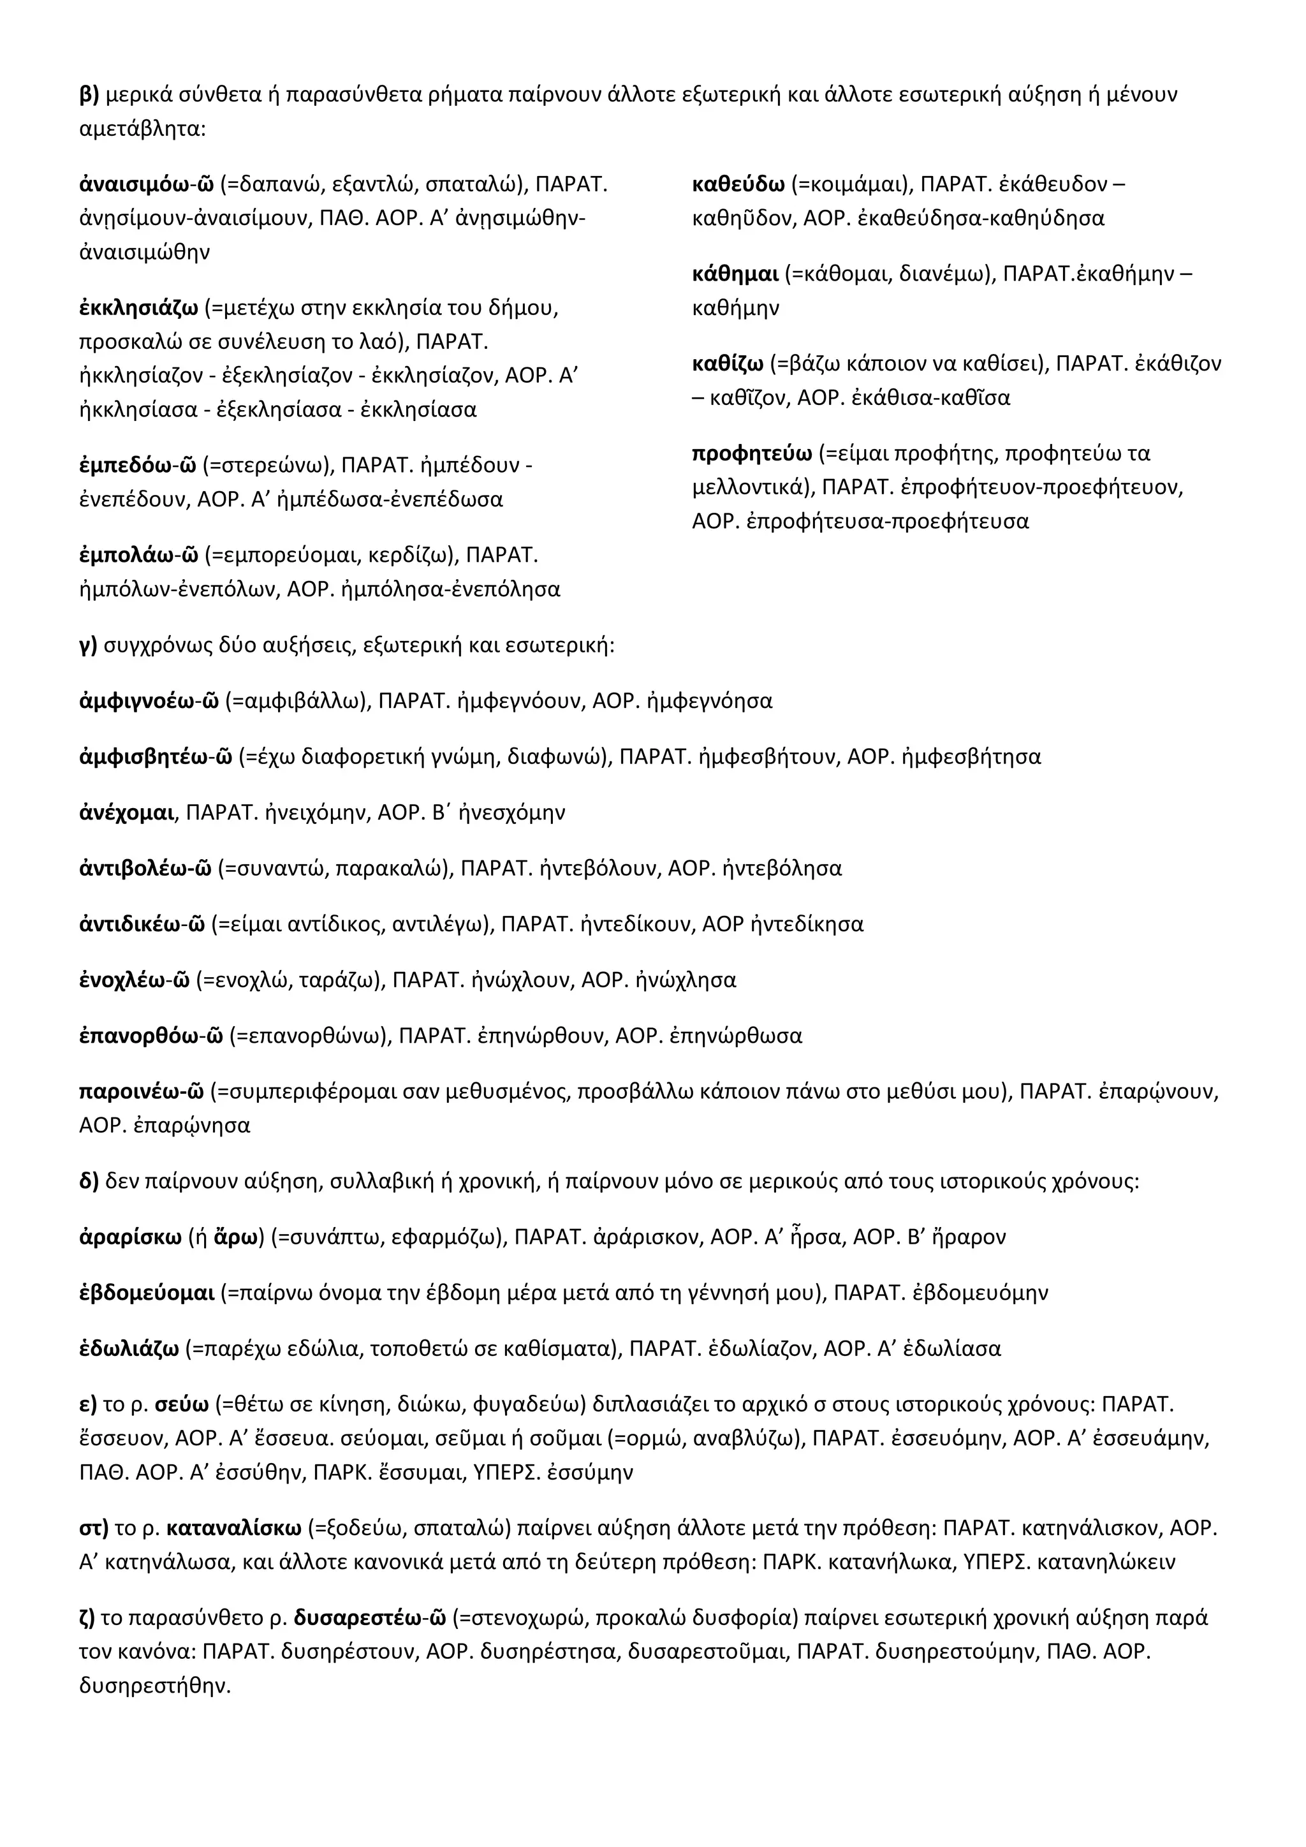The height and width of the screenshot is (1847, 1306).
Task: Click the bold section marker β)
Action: (89, 95)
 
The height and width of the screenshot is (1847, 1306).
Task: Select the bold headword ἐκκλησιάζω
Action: (138, 308)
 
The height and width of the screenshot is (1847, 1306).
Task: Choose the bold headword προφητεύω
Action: (751, 453)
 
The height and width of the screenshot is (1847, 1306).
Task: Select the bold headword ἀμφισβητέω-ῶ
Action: (156, 757)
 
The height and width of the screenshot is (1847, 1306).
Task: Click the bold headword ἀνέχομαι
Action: (127, 813)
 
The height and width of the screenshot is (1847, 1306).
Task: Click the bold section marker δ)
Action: (89, 1181)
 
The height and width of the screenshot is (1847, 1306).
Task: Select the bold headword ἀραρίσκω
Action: (130, 1237)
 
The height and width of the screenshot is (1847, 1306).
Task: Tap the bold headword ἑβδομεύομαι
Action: (147, 1293)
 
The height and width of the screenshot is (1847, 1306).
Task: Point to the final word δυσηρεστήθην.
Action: (154, 1685)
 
